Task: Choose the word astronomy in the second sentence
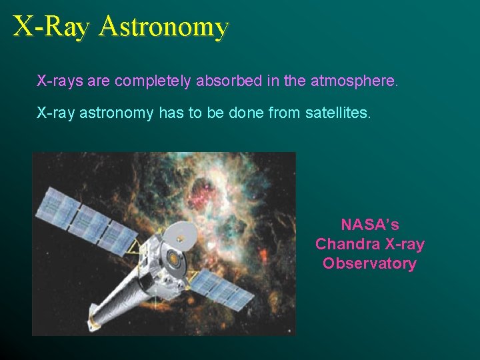(x=117, y=114)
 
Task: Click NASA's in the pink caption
(x=370, y=224)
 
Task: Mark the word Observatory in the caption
(x=370, y=263)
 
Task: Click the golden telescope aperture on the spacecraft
(x=175, y=257)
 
